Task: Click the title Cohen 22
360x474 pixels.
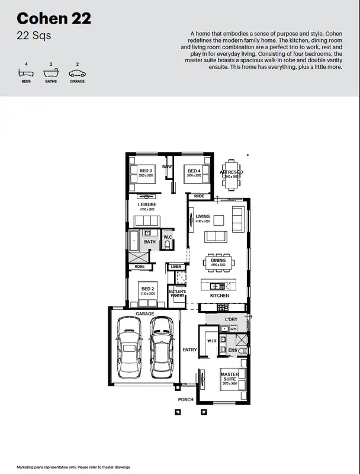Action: [x=54, y=19]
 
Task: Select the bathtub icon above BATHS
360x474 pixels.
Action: [x=52, y=74]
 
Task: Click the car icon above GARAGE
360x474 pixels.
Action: [x=77, y=74]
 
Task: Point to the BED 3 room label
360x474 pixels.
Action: [x=146, y=171]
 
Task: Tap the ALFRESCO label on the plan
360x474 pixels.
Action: [x=232, y=171]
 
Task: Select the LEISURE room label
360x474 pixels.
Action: [x=147, y=204]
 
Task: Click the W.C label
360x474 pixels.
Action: [x=168, y=237]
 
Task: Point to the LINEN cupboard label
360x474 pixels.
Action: [x=176, y=267]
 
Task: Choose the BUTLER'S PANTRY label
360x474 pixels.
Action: [x=176, y=294]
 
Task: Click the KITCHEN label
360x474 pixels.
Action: [x=219, y=296]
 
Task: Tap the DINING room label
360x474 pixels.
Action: [x=218, y=260]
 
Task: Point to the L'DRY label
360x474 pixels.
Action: [x=230, y=320]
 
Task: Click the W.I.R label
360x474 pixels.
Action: [x=211, y=341]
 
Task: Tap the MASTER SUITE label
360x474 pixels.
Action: [x=229, y=377]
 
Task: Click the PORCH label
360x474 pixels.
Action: [x=186, y=400]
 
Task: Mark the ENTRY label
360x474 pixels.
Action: [x=189, y=350]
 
